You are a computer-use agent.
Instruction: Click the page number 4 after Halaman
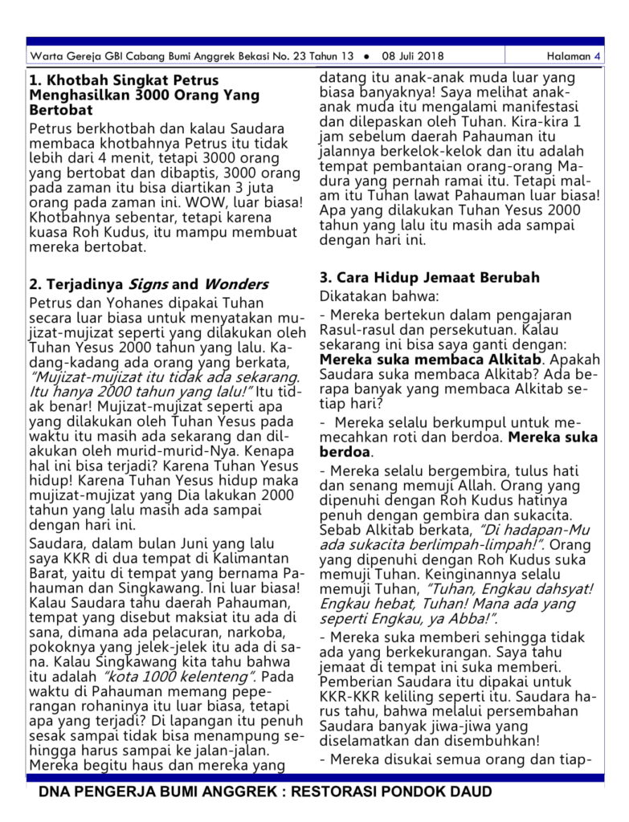[x=597, y=56]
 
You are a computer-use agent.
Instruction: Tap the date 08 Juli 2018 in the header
[x=413, y=56]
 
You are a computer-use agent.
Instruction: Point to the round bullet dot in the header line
[x=366, y=56]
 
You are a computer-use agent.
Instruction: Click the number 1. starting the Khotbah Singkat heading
[x=35, y=80]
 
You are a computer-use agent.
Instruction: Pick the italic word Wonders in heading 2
[x=235, y=284]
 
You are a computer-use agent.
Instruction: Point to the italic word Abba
[x=468, y=618]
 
